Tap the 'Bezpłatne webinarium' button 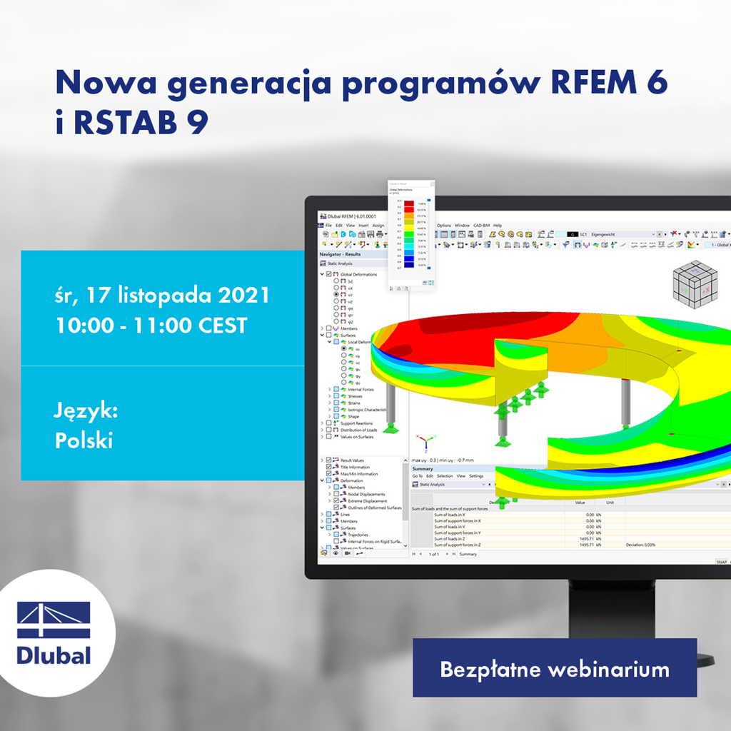[554, 669]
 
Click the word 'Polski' [84, 440]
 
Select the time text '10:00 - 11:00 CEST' [151, 326]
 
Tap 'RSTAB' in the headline [124, 123]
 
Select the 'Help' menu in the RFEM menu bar [498, 226]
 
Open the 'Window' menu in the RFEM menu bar [463, 226]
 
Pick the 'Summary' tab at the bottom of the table [468, 554]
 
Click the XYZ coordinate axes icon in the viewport [425, 443]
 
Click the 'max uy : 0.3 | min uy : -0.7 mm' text [443, 460]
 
